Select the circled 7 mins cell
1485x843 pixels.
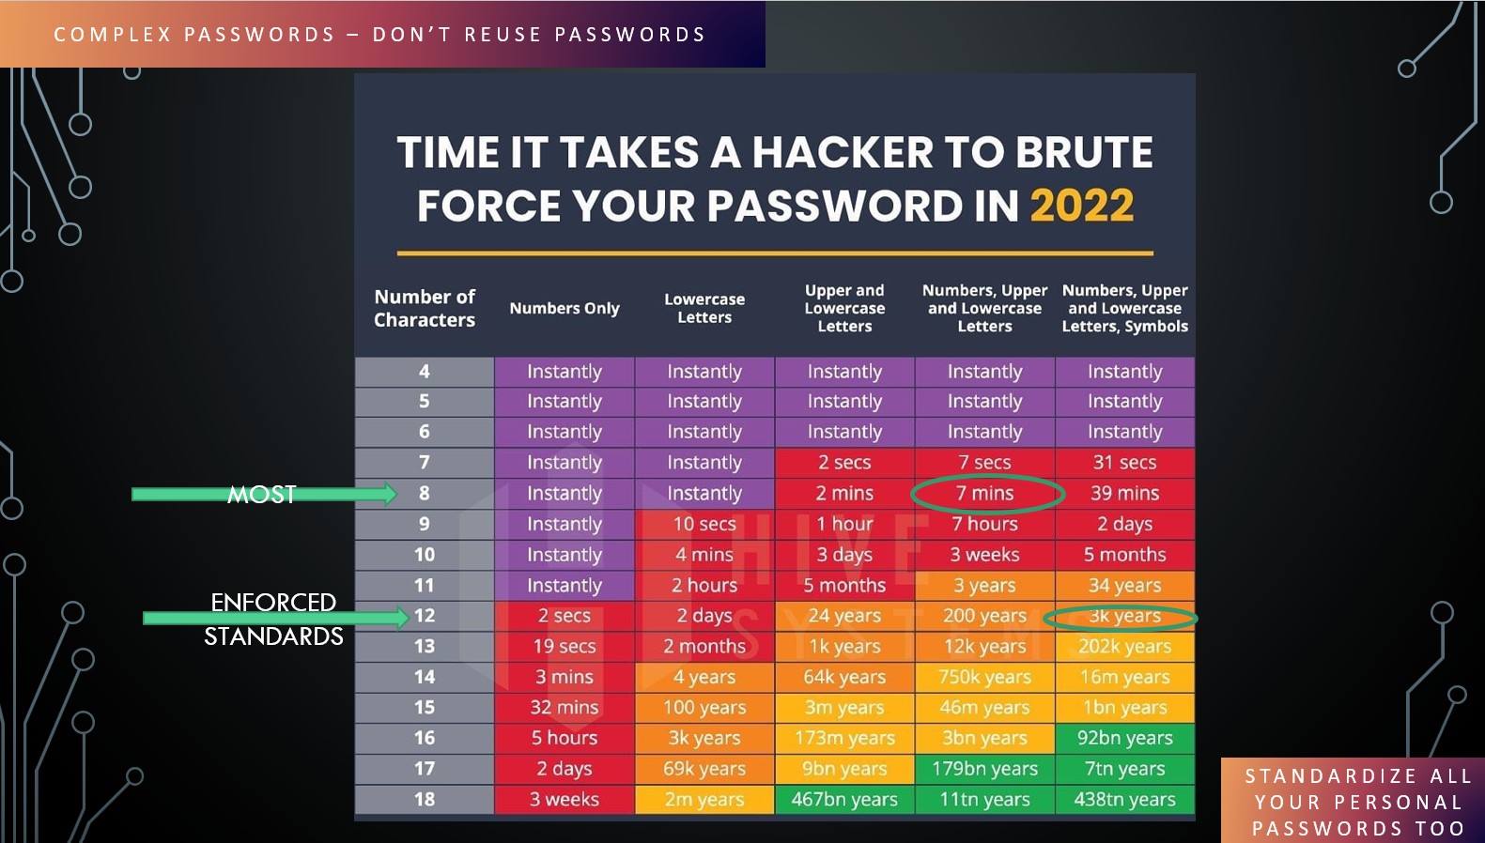tap(984, 493)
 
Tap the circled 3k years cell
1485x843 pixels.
tap(1124, 617)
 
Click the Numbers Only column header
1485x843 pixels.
tap(565, 308)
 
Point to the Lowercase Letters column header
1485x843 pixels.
tap(704, 308)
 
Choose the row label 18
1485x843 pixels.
tap(425, 799)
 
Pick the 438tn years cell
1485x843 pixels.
tap(1124, 799)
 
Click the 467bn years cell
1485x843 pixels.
tap(843, 799)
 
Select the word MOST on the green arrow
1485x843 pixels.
tap(261, 495)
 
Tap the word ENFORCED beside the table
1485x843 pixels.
tap(273, 603)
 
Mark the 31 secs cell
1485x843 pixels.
tap(1124, 462)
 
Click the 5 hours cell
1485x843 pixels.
tap(565, 738)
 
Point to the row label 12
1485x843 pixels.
tap(425, 616)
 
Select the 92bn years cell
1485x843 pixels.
tap(1124, 738)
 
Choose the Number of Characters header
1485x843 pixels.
tap(425, 308)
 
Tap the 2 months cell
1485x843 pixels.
tap(704, 646)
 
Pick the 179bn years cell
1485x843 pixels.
tap(984, 769)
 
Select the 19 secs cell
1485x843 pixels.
tap(565, 646)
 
